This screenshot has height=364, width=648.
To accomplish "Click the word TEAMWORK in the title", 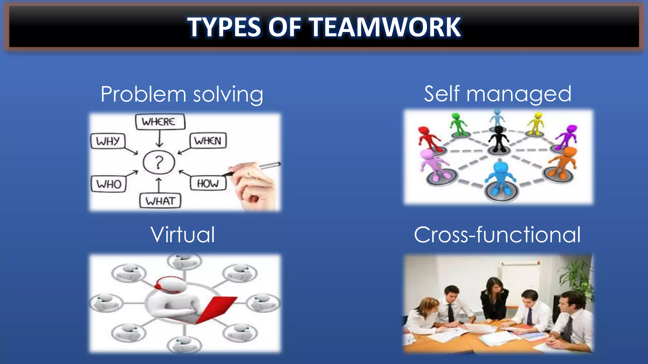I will click(x=384, y=27).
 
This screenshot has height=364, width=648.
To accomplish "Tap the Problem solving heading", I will click(x=182, y=94).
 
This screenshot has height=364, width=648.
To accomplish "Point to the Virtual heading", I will click(x=183, y=234).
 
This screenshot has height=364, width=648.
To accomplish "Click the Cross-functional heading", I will click(x=497, y=234).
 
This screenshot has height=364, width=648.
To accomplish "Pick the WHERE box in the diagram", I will click(x=160, y=122).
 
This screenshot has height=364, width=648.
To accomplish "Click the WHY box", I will click(x=108, y=141).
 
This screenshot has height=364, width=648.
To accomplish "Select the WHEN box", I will click(x=208, y=141).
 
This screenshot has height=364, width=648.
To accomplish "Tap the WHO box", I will click(x=109, y=184).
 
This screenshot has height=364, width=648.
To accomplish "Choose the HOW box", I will click(x=208, y=183).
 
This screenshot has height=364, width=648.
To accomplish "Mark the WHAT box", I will click(x=160, y=201).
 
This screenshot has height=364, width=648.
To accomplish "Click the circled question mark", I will click(x=159, y=163).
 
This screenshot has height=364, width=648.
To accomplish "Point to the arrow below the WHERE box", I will click(x=159, y=139).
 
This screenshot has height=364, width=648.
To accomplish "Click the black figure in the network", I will click(x=498, y=139).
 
